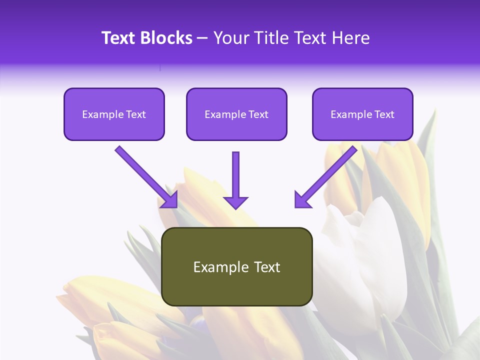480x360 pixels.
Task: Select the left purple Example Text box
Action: pos(114,114)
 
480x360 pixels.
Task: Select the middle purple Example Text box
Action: pos(236,114)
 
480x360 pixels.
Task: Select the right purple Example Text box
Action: pos(362,114)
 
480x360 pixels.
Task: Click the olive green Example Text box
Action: pos(237,267)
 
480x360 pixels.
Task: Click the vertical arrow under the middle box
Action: pos(235,175)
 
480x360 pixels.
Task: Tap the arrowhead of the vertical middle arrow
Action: pos(235,202)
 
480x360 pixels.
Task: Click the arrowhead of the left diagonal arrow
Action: pos(170,200)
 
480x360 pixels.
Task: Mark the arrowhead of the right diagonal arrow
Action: pos(302,199)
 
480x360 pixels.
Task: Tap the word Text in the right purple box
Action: pos(384,114)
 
